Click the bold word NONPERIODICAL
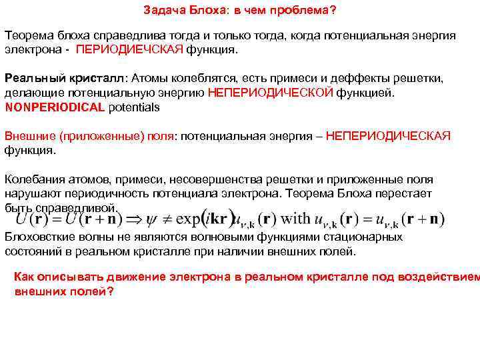(55, 107)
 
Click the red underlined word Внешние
(31, 136)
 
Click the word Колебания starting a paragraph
(34, 179)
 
